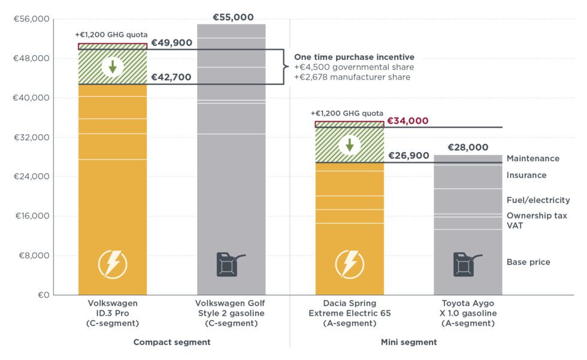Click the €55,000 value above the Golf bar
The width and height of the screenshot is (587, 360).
point(233,17)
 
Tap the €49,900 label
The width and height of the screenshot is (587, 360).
point(171,43)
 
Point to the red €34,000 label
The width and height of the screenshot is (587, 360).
point(408,121)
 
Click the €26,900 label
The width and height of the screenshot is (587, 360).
point(409,156)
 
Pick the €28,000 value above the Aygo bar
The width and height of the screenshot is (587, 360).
point(468,147)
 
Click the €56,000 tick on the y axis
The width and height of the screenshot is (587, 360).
point(31,19)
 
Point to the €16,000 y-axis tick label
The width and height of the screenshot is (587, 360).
point(31,216)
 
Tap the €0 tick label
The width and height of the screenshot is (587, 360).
point(40,295)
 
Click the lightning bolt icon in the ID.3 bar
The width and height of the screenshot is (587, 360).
point(113,264)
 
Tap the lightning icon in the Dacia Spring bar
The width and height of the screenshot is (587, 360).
point(349,264)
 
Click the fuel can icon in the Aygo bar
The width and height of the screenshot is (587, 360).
point(467,264)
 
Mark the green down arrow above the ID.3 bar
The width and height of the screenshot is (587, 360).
point(113,66)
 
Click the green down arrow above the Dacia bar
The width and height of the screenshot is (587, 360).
point(349,144)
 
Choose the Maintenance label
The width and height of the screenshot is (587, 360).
point(532,159)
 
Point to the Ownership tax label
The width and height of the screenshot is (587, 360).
point(537,216)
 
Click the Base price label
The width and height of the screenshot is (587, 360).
point(528,262)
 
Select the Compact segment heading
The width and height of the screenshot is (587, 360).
point(171,343)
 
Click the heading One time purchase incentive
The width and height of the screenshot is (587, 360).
point(354,57)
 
